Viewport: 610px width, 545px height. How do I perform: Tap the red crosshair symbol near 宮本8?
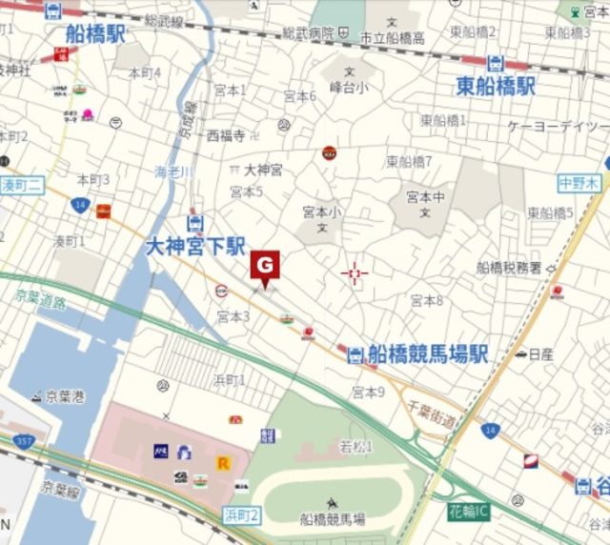355,275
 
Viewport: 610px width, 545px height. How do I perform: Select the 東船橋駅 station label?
496,87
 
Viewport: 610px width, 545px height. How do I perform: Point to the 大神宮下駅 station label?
195,247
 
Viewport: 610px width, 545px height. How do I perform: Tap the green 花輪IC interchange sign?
470,513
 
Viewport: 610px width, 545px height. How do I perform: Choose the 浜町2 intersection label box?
241,515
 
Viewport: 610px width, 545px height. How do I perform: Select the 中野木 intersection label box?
580,182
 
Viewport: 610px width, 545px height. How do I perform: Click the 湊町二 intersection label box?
20,184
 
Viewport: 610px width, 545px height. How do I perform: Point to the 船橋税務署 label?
509,268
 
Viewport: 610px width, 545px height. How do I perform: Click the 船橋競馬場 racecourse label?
332,519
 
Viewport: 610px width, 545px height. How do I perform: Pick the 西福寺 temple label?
226,135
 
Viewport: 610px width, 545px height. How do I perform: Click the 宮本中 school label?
425,198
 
